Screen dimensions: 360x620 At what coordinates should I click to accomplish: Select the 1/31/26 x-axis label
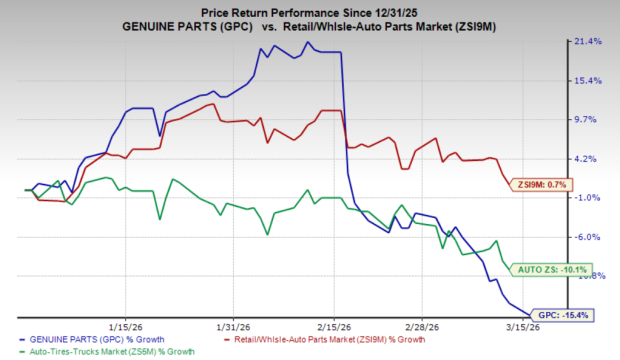pos(232,326)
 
